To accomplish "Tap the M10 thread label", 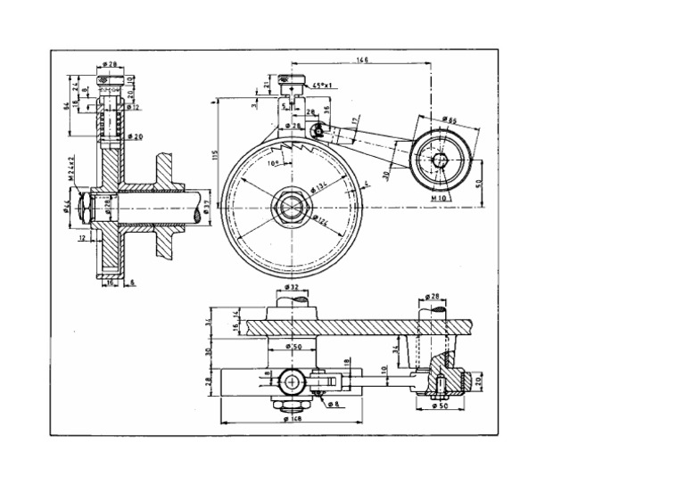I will click(439, 198).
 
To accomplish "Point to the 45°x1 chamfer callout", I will click(322, 85).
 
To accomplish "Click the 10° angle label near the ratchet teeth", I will click(273, 163).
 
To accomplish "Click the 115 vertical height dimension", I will click(215, 154).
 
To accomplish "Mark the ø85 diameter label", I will click(449, 119).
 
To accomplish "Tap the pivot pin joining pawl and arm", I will click(318, 130).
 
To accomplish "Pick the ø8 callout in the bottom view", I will click(333, 404).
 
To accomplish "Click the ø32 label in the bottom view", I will click(291, 288).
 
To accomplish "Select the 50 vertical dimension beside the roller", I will click(479, 183).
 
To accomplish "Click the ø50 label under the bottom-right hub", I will click(439, 406).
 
